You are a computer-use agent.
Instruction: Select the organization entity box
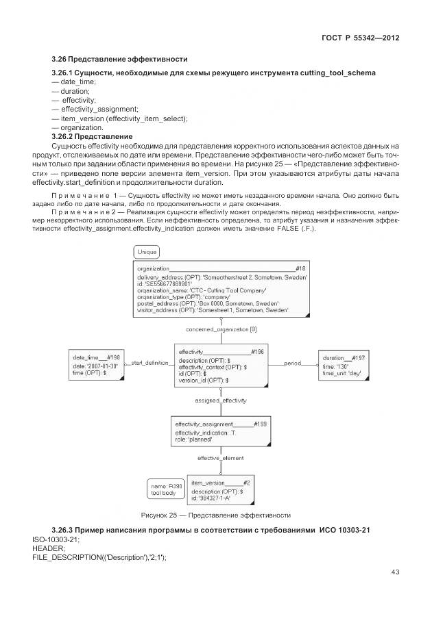pyautogui.click(x=221, y=290)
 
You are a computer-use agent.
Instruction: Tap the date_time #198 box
pyautogui.click(x=96, y=366)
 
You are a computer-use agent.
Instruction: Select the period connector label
pyautogui.click(x=293, y=362)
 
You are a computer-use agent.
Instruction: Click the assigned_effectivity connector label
pyautogui.click(x=221, y=400)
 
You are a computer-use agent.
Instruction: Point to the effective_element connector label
pyautogui.click(x=221, y=457)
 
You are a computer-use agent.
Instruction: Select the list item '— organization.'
pyautogui.click(x=77, y=127)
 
